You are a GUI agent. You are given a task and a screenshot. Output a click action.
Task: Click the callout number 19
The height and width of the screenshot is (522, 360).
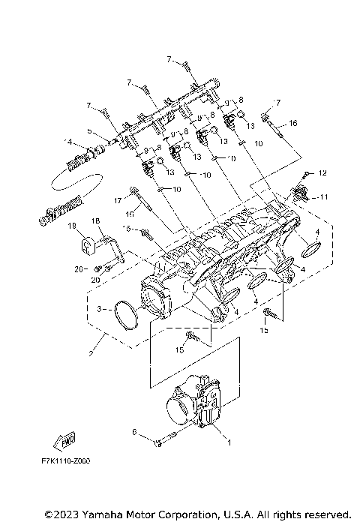coord(73,224)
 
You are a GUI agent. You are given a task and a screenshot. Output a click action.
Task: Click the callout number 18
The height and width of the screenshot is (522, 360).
coord(96,220)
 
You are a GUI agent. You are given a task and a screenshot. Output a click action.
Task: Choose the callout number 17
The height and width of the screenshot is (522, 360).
coord(118,200)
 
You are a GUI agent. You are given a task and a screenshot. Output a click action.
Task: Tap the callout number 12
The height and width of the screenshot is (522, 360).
coord(322,172)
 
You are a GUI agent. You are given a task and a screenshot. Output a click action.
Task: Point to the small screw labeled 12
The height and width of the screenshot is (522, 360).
coord(304,173)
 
